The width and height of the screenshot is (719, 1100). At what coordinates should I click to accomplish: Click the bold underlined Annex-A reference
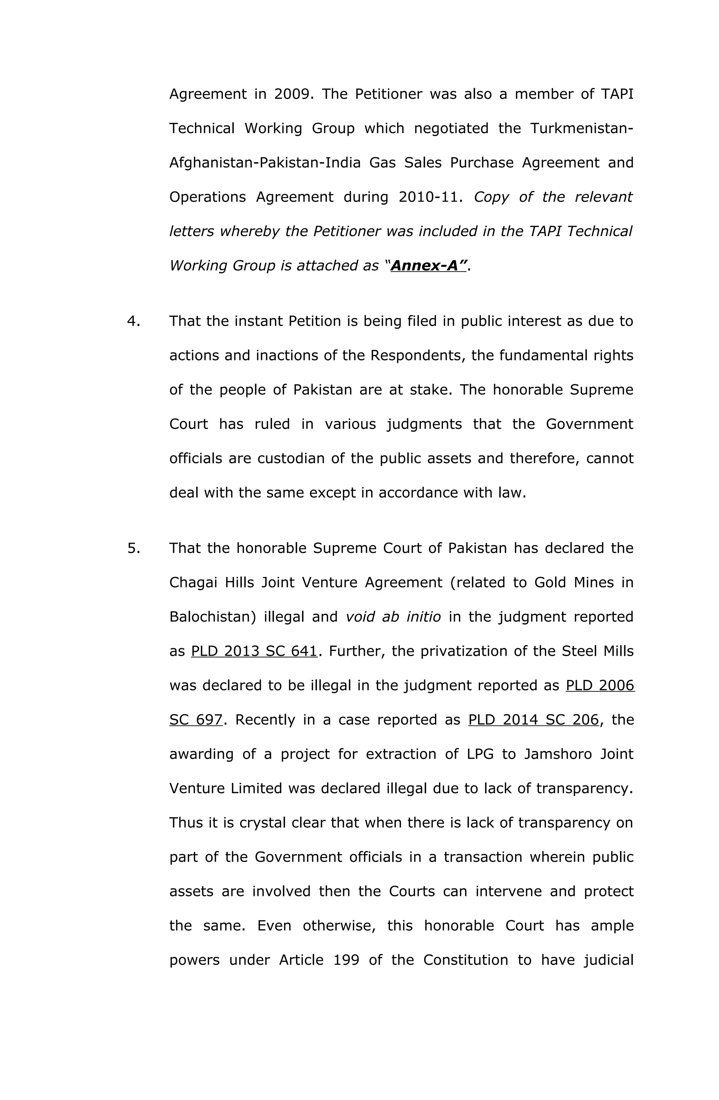428,266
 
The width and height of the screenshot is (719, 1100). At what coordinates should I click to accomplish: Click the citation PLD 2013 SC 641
254,651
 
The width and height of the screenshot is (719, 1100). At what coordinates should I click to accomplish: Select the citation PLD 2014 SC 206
533,720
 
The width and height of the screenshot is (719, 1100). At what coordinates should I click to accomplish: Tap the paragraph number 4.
133,321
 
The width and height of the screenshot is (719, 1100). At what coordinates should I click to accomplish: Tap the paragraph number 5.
133,548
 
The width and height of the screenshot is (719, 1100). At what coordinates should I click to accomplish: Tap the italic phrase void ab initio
393,617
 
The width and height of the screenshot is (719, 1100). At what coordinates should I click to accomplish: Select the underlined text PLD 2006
600,686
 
